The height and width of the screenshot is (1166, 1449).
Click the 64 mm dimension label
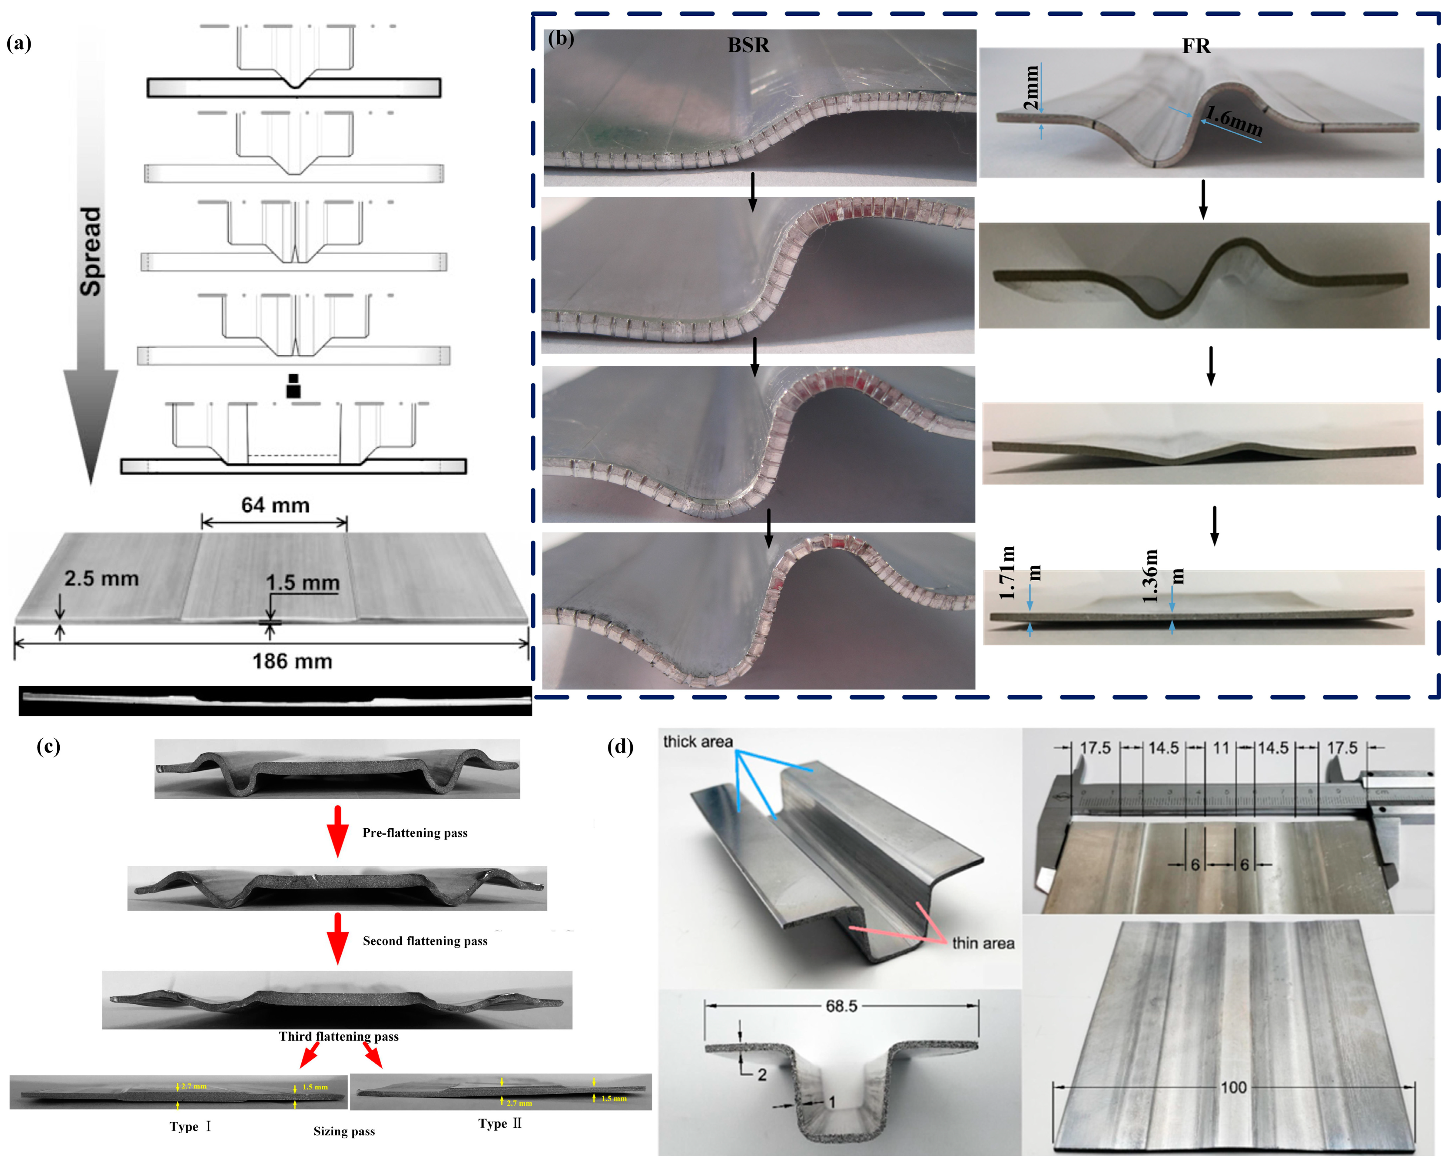click(x=276, y=505)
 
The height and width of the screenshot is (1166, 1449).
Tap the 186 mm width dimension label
click(x=292, y=661)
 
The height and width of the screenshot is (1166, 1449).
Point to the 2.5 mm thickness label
click(x=102, y=579)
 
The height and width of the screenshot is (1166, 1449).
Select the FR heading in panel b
click(x=1196, y=46)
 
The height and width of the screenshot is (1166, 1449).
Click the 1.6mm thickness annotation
click(x=1233, y=121)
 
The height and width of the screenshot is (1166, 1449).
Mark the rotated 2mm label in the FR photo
click(x=1030, y=87)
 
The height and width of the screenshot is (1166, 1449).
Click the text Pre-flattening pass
click(x=415, y=833)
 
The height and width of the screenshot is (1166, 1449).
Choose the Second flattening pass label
click(x=425, y=941)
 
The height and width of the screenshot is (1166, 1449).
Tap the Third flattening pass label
click(x=339, y=1036)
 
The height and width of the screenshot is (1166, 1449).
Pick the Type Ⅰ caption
click(x=190, y=1126)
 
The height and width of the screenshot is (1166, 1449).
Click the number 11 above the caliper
click(x=1221, y=748)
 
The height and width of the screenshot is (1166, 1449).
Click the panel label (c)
click(x=48, y=747)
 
